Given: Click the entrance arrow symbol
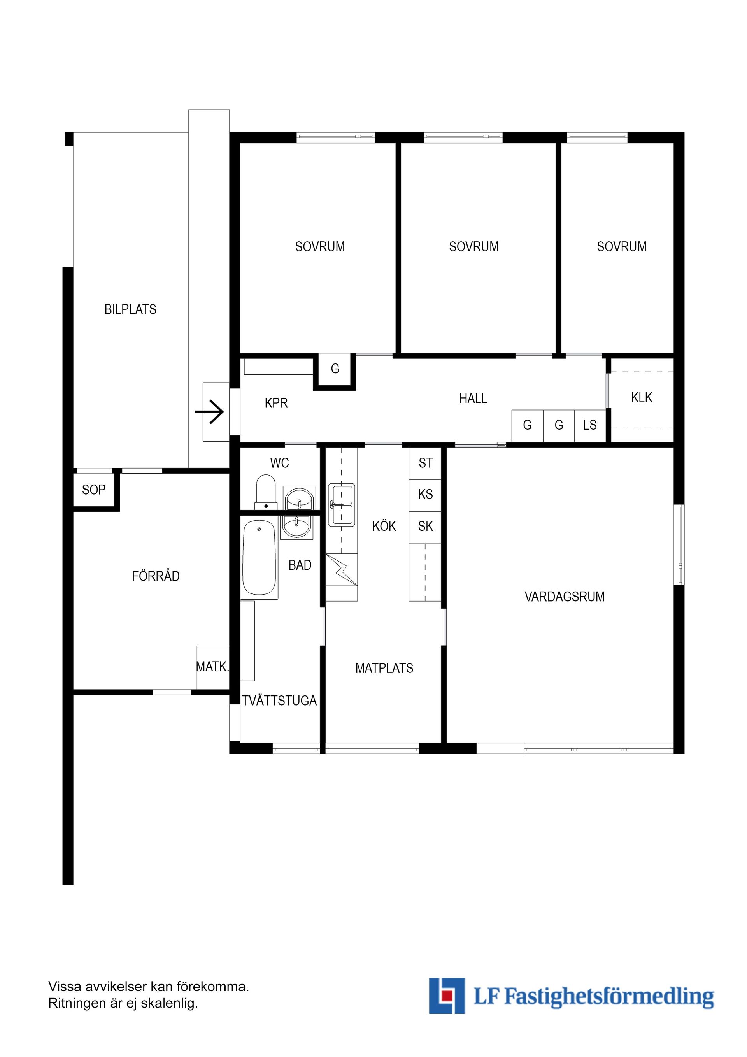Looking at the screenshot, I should click(209, 411).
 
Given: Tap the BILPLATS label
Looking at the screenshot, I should click(130, 309).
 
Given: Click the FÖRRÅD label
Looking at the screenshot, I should click(156, 576).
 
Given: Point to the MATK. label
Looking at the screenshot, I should click(212, 666).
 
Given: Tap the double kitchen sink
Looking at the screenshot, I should click(341, 504).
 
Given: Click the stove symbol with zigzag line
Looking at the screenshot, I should click(342, 569).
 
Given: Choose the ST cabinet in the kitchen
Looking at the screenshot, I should click(425, 463).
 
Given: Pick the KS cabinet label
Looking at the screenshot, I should click(425, 494).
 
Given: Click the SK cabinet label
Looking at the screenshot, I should click(425, 526).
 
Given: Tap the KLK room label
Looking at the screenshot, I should click(641, 398).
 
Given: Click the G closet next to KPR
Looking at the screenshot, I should click(335, 369).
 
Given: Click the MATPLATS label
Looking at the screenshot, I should click(384, 668).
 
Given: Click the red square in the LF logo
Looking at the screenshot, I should click(445, 996).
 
